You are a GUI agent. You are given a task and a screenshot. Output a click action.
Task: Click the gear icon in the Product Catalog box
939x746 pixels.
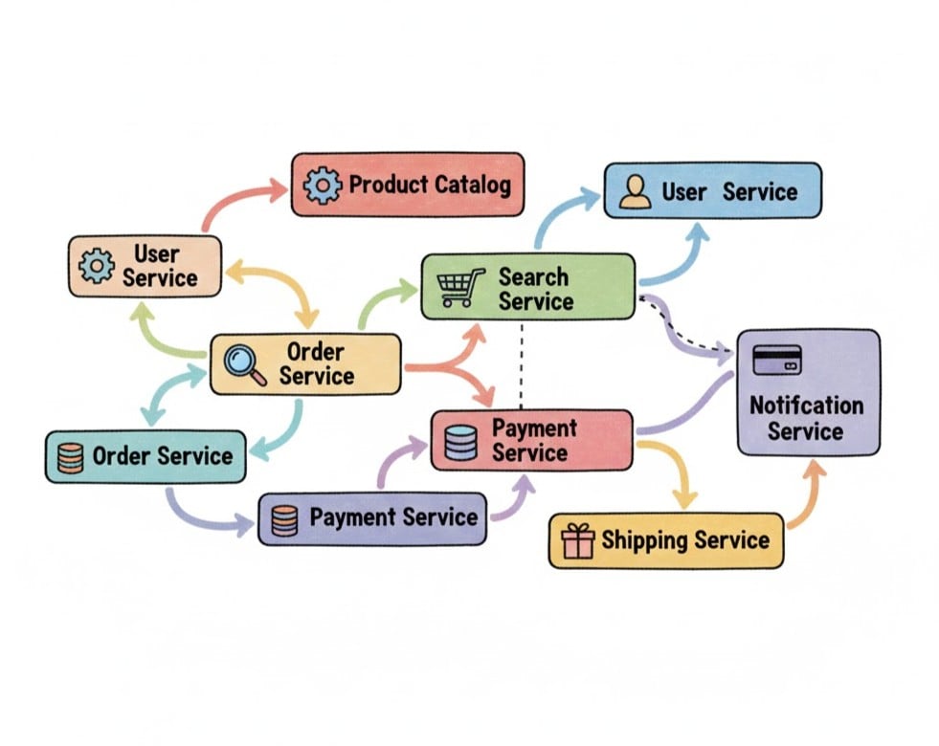[x=322, y=185]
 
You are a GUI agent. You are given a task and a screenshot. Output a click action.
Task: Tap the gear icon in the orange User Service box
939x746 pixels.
[x=97, y=266]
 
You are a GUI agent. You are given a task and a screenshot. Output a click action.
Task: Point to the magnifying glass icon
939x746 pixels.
[x=244, y=364]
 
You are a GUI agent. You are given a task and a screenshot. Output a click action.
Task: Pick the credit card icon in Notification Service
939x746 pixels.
[x=777, y=361]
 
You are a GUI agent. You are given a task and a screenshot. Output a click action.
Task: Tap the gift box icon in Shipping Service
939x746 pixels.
[x=578, y=541]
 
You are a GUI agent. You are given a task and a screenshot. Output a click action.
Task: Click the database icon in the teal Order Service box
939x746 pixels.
[x=71, y=456]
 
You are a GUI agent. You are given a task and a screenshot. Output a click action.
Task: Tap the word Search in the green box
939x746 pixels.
[x=533, y=277]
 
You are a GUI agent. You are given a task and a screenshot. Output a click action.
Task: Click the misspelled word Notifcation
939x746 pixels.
[x=806, y=405]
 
